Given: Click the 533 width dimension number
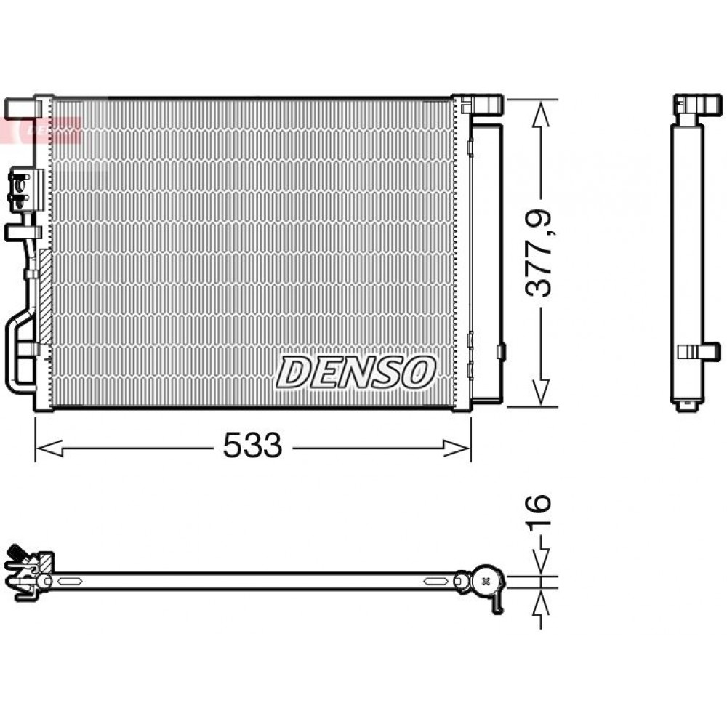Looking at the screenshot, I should click(252, 445).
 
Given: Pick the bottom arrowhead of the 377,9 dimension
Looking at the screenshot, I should click(539, 392).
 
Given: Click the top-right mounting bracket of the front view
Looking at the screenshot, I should click(481, 104).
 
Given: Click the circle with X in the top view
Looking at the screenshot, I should click(485, 580).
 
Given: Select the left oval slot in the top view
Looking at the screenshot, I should click(68, 581).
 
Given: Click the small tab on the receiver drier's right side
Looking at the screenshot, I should click(500, 351).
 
